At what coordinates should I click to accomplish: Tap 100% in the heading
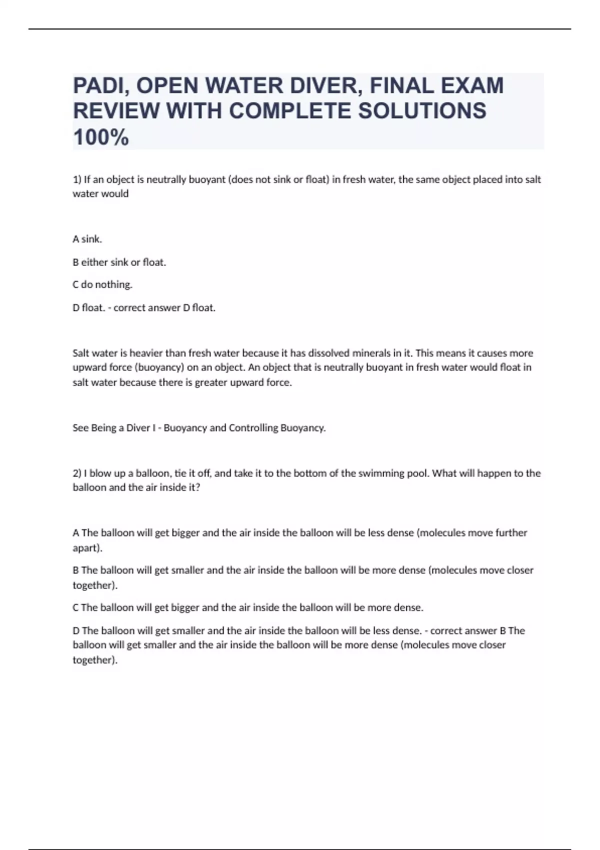click(100, 137)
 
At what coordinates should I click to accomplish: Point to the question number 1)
click(77, 179)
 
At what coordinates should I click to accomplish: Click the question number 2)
click(77, 473)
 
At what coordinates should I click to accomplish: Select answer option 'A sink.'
click(87, 239)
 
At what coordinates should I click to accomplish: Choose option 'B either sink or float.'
click(119, 262)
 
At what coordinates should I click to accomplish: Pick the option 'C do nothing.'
click(102, 284)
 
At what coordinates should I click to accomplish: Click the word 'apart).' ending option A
click(87, 548)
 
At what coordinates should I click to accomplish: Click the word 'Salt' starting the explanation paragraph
click(81, 353)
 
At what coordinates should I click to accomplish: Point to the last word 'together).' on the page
click(95, 660)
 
